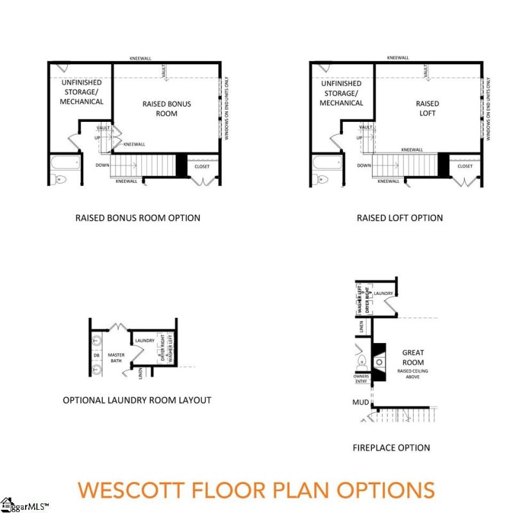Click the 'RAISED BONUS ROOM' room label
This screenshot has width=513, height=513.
click(166, 108)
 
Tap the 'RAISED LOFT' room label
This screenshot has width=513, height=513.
click(428, 108)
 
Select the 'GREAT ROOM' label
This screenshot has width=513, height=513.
click(413, 358)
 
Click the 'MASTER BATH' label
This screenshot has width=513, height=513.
click(116, 358)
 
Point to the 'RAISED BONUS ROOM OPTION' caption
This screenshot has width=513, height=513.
click(138, 218)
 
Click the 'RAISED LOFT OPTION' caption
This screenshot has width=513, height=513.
click(399, 218)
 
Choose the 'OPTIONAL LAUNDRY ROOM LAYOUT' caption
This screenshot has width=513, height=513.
click(137, 400)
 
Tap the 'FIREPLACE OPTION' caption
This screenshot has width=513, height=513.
click(391, 448)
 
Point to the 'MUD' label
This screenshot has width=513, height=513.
click(360, 403)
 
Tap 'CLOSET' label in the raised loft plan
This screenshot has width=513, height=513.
click(465, 166)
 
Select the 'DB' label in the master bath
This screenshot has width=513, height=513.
click(97, 355)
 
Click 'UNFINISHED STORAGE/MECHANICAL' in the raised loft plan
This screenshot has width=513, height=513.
click(341, 93)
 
